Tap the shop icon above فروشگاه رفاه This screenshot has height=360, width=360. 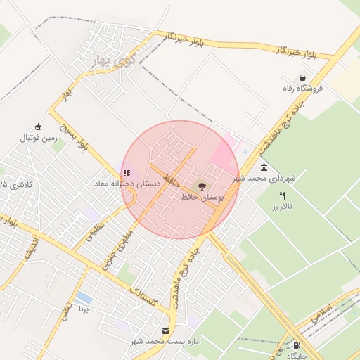(302, 77)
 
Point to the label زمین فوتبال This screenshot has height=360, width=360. (37, 138)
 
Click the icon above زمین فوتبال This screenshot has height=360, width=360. (37, 127)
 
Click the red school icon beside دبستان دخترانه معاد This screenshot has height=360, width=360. (126, 173)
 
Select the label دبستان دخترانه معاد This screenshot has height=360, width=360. (128, 184)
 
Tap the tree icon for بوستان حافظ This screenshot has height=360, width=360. (202, 186)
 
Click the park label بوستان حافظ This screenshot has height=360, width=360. (202, 198)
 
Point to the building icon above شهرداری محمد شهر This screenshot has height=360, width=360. (263, 167)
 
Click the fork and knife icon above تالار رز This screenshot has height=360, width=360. (283, 195)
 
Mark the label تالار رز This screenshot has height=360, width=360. (282, 207)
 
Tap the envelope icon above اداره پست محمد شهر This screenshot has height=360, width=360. (166, 330)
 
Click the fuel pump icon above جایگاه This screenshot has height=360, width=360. (297, 346)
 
